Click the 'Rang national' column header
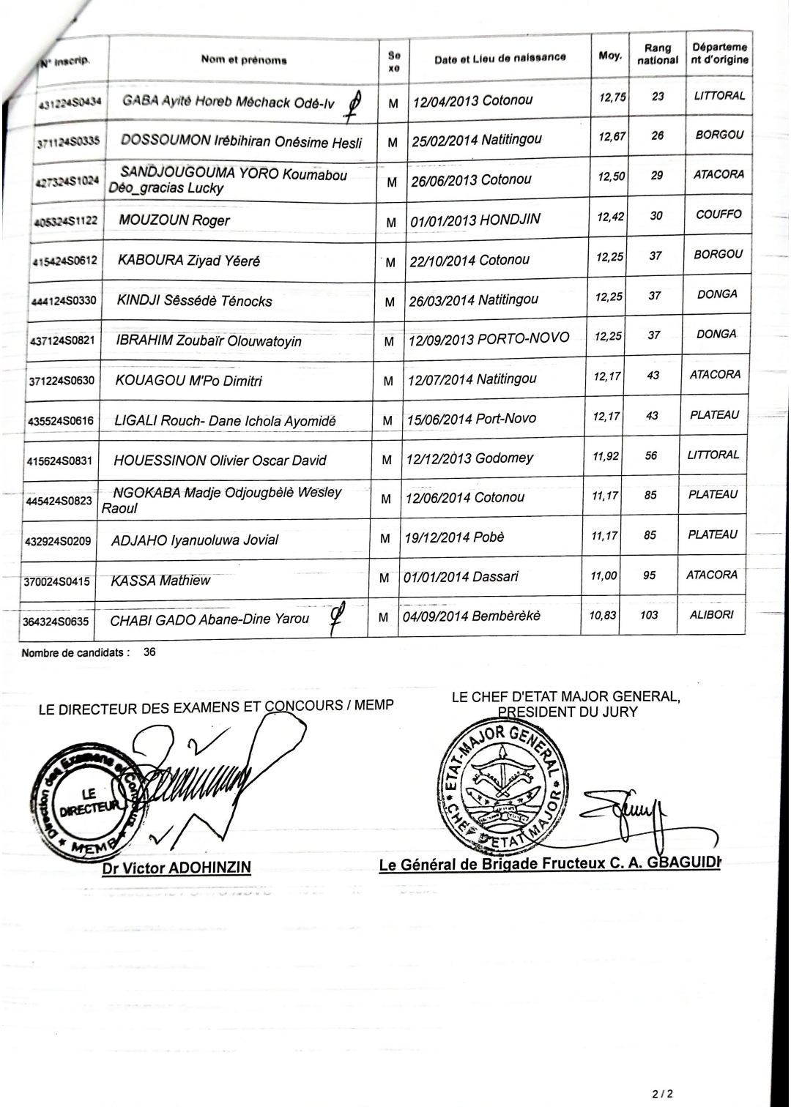click(x=657, y=54)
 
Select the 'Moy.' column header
click(x=610, y=56)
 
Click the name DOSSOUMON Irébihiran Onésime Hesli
click(x=241, y=141)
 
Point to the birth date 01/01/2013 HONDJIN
click(x=475, y=220)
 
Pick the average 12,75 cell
click(x=612, y=97)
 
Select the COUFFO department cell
click(x=718, y=215)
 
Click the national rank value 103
click(x=649, y=615)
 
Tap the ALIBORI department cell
click(x=711, y=615)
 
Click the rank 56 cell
click(x=651, y=455)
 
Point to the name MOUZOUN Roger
click(x=174, y=220)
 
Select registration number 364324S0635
click(x=56, y=622)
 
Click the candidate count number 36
click(x=149, y=652)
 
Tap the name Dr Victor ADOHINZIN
click(x=177, y=868)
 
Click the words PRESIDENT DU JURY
click(x=568, y=712)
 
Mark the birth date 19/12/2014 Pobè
click(x=454, y=537)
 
